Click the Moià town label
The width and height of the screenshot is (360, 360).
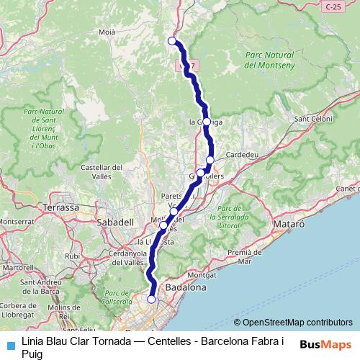pyautogui.click(x=107, y=32)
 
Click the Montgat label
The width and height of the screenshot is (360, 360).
pyautogui.click(x=201, y=274)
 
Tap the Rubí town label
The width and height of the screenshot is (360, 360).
pyautogui.click(x=73, y=256)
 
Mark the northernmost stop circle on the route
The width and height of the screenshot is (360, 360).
pyautogui.click(x=171, y=40)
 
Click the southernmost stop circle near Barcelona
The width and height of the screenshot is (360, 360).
pyautogui.click(x=151, y=299)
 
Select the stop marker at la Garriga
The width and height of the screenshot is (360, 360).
pyautogui.click(x=207, y=122)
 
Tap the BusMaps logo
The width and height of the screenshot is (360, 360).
pyautogui.click(x=325, y=344)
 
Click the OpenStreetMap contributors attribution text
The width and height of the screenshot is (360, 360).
pyautogui.click(x=293, y=323)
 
